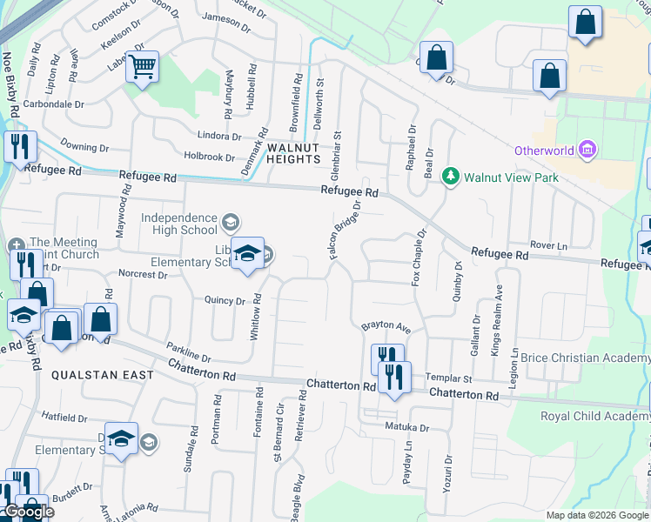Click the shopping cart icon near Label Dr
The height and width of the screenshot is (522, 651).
[x=143, y=66]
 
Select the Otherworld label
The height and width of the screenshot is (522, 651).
[x=544, y=151]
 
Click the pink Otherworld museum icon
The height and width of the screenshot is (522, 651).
[x=587, y=150]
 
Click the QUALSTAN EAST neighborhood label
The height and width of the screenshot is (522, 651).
[x=103, y=375]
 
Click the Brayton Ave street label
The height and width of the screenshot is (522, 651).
[x=386, y=328]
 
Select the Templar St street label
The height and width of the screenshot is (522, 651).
[x=448, y=379]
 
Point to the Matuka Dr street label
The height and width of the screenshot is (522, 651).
[x=407, y=428]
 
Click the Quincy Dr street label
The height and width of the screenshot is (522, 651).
[x=225, y=301]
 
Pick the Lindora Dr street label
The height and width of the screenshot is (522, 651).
[x=218, y=137]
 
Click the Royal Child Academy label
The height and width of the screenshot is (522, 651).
[x=595, y=416]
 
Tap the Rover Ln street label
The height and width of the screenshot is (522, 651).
[x=548, y=246]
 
